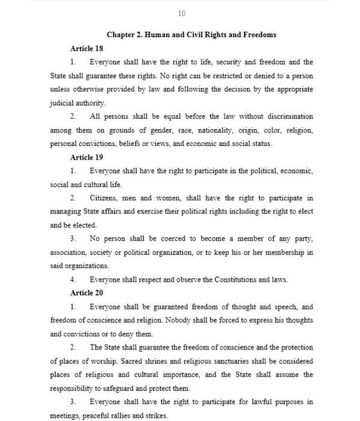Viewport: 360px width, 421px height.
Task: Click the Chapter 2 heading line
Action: point(191,35)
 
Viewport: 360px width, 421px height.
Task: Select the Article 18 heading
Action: point(86,49)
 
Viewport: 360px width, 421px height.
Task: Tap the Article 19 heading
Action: point(86,157)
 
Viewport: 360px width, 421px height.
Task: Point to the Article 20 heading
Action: point(86,293)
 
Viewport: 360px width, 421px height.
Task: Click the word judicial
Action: point(62,103)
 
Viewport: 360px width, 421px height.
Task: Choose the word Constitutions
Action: point(220,279)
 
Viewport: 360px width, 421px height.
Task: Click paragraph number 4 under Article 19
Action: point(73,279)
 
